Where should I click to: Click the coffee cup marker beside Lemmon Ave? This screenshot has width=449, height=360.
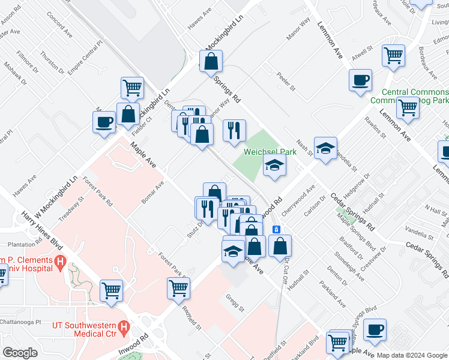(360, 80)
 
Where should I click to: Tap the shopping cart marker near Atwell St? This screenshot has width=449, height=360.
(393, 55)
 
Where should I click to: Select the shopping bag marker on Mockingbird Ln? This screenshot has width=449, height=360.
(211, 61)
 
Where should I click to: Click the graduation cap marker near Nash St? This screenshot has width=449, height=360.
(325, 148)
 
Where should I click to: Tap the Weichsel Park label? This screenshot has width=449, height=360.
(271, 152)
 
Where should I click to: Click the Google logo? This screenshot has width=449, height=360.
(20, 352)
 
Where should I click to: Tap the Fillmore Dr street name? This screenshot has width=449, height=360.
(26, 62)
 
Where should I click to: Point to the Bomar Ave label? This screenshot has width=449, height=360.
(152, 192)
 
